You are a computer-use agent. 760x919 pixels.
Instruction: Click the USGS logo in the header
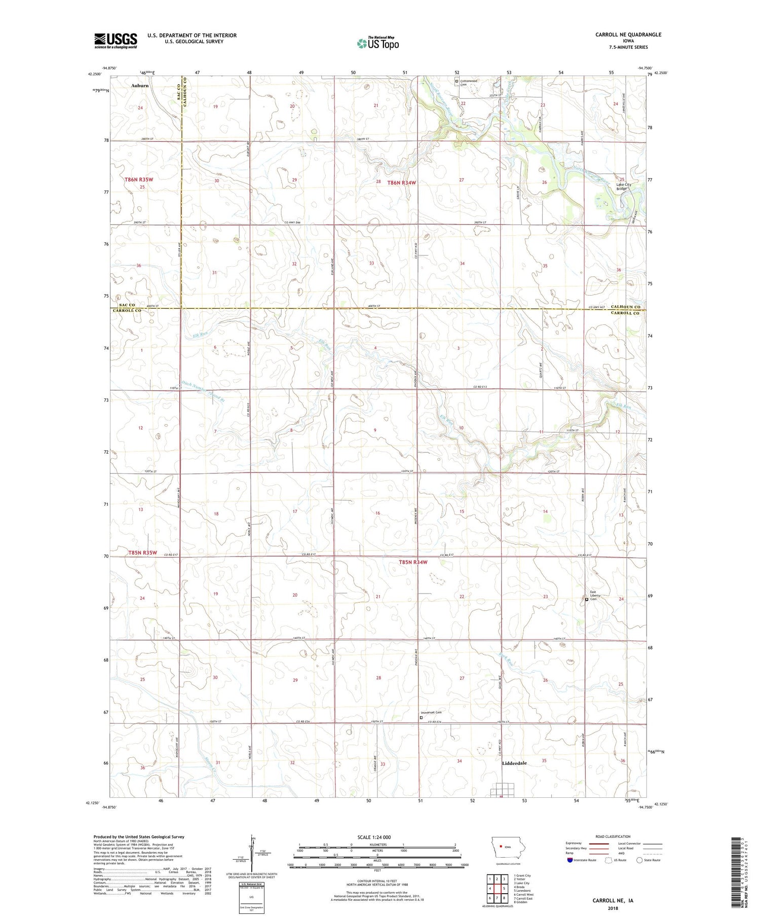(116, 41)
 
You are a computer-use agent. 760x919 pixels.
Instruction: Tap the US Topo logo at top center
(377, 43)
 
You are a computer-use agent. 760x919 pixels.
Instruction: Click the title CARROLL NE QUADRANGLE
(628, 34)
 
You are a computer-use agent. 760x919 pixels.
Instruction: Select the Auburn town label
(140, 86)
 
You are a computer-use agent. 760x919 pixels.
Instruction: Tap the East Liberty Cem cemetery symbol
(587, 599)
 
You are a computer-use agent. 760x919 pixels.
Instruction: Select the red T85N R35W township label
(142, 552)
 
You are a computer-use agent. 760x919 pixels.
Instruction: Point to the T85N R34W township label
(413, 562)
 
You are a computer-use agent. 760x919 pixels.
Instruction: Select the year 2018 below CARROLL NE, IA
(613, 906)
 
